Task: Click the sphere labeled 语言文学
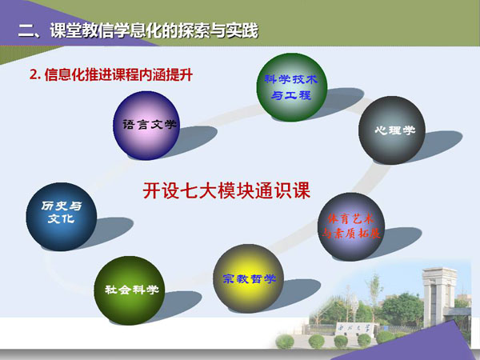(x=146, y=126)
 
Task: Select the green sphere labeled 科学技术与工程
(x=292, y=87)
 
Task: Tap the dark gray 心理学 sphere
(x=392, y=130)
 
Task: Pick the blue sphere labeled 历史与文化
(x=62, y=217)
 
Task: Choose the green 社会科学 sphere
(x=129, y=290)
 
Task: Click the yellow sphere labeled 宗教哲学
(x=248, y=278)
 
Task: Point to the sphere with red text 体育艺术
(x=351, y=227)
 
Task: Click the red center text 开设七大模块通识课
(x=226, y=190)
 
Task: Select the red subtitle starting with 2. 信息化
(x=111, y=74)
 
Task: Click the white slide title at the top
(x=138, y=30)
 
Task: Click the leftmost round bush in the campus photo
(x=285, y=342)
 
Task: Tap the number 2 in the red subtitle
(x=33, y=75)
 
